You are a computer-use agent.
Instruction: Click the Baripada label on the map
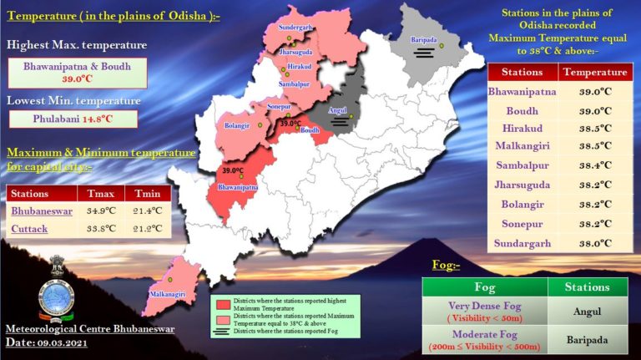424,39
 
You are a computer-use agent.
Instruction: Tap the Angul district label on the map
336,108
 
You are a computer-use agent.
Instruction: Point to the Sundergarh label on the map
296,28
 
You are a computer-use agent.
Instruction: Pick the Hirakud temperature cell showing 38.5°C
595,129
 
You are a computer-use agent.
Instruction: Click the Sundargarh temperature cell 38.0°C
595,243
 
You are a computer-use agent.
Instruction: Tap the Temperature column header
595,73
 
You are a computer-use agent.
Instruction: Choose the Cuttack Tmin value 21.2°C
147,229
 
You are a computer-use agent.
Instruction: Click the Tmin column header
147,194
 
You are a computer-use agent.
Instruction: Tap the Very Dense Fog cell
485,312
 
